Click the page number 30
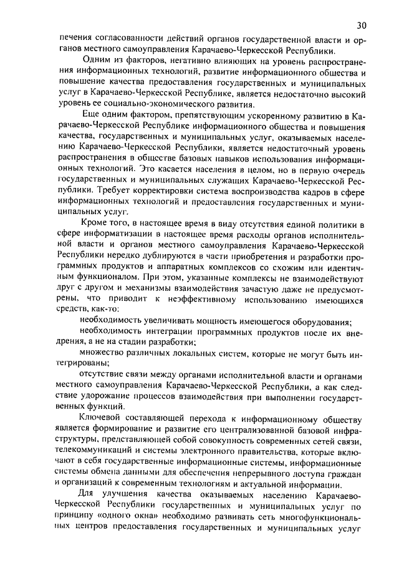[x=362, y=25]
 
